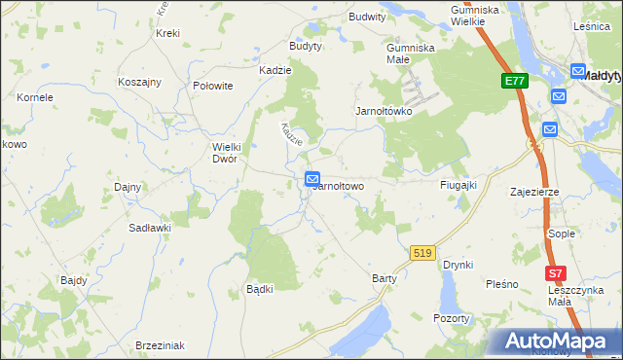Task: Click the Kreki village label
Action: tap(167, 33)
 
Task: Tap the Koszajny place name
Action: tap(139, 82)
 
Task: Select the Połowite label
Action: tap(213, 86)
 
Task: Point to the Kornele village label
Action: tap(35, 97)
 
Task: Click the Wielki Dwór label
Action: tap(225, 153)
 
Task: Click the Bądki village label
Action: tap(259, 289)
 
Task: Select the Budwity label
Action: tap(367, 17)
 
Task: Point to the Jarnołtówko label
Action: tap(384, 111)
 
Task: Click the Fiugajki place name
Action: tap(457, 185)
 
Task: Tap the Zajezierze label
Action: tap(533, 192)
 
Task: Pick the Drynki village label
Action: tap(457, 265)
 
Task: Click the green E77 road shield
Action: tap(516, 82)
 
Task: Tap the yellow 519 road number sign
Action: tap(421, 252)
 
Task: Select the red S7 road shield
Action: tap(555, 275)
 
